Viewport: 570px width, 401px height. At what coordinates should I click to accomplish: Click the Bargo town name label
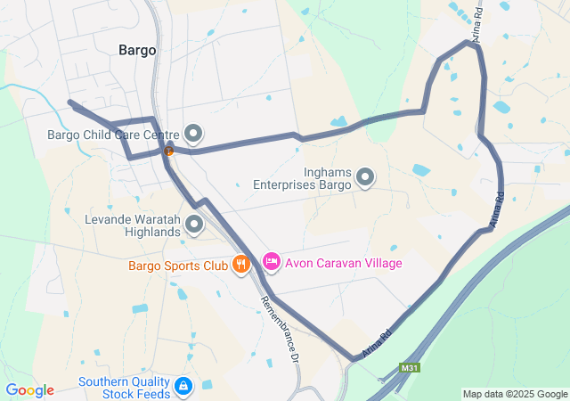pyautogui.click(x=137, y=50)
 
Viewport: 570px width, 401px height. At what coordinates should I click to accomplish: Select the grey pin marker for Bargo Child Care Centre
pyautogui.click(x=193, y=135)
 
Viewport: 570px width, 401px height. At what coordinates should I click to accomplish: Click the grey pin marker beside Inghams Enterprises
pyautogui.click(x=365, y=178)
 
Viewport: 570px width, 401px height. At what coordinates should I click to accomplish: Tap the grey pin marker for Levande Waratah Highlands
pyautogui.click(x=193, y=225)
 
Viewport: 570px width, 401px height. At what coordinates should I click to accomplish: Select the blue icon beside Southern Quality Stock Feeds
pyautogui.click(x=183, y=386)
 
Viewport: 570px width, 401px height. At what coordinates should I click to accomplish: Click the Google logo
pyautogui.click(x=29, y=390)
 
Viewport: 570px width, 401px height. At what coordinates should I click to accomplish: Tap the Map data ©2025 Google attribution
pyautogui.click(x=514, y=394)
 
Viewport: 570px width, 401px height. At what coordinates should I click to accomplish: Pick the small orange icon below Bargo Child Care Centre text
pyautogui.click(x=167, y=151)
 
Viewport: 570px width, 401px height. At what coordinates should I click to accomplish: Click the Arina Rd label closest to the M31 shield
pyautogui.click(x=378, y=343)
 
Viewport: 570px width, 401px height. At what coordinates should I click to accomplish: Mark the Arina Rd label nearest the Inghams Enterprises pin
pyautogui.click(x=495, y=209)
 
